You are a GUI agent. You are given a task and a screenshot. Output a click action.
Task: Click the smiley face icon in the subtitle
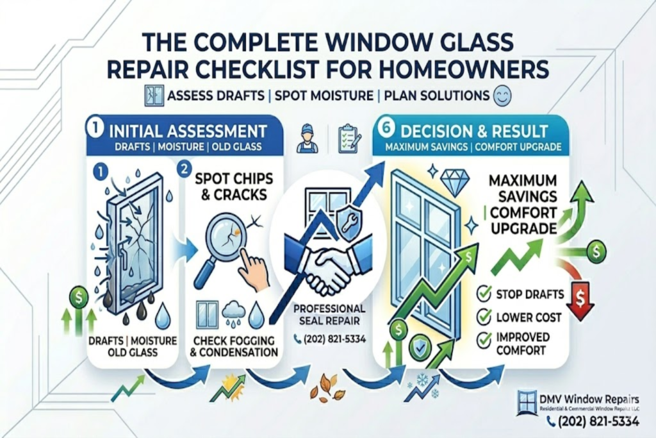click(x=501, y=97)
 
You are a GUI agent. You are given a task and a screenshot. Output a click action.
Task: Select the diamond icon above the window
click(x=455, y=183)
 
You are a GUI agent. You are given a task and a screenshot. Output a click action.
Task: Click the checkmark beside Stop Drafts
click(x=484, y=295)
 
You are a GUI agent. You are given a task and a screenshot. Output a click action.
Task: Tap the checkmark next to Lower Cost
click(x=484, y=317)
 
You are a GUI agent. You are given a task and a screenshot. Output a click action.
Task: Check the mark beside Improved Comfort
click(x=484, y=338)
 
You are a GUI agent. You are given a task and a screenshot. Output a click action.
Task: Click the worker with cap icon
click(x=307, y=139)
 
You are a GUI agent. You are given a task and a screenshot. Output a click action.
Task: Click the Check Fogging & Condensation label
click(x=235, y=346)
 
